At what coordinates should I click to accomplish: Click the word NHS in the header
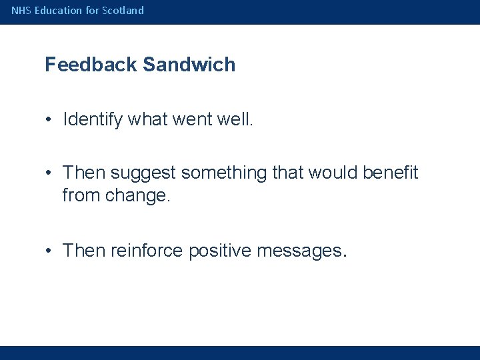(20, 11)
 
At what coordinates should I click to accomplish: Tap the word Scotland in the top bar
(123, 11)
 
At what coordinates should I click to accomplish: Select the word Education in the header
(55, 11)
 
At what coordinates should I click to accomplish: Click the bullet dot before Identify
(50, 120)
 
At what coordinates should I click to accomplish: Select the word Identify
(92, 119)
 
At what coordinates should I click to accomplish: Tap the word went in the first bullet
(194, 119)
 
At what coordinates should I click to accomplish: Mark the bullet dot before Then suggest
(50, 173)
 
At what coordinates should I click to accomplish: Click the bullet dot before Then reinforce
(50, 251)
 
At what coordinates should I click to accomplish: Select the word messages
(297, 251)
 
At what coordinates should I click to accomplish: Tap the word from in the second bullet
(81, 196)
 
